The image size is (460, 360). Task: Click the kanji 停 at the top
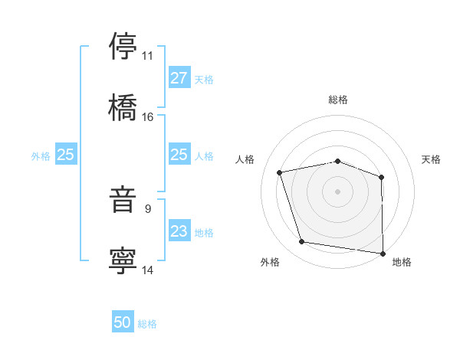(123, 46)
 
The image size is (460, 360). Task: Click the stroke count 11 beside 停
(147, 56)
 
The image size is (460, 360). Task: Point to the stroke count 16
(147, 117)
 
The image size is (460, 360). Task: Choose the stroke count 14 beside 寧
(147, 270)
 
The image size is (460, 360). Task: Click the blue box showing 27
(179, 78)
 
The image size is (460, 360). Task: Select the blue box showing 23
(179, 231)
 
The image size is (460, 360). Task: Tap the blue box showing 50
(123, 323)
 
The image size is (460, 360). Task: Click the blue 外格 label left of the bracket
(41, 155)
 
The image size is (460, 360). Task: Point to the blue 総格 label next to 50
(147, 324)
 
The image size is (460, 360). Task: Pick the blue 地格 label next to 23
(204, 232)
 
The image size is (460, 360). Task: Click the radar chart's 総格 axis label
(338, 100)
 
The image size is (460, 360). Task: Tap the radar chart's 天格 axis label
(432, 159)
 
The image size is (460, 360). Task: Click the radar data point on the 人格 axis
(280, 172)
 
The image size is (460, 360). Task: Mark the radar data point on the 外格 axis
(302, 242)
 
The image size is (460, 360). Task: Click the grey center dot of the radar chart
(338, 191)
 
